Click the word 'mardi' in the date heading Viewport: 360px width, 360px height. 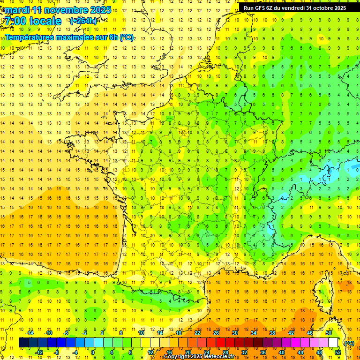(18, 10)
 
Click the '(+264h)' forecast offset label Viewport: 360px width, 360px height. (83, 21)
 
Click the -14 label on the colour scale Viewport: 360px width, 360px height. (30, 333)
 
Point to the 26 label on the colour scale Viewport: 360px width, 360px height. (216, 333)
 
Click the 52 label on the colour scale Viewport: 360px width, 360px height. (338, 352)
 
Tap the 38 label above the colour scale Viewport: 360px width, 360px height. (272, 333)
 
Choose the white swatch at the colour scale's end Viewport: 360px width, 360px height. (333, 343)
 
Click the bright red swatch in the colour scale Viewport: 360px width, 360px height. (221, 343)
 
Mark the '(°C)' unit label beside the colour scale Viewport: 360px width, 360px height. (349, 343)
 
